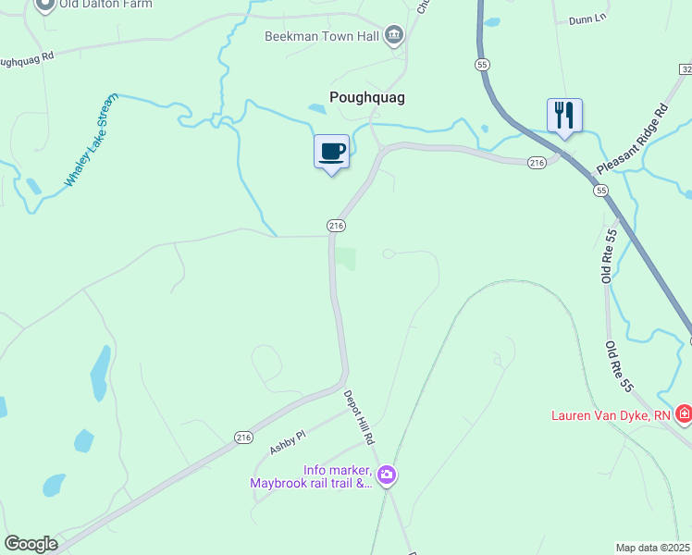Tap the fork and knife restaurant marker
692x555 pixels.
click(564, 116)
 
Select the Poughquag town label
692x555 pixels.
click(367, 96)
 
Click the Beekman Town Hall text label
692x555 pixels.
click(320, 36)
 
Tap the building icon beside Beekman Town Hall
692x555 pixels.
click(393, 36)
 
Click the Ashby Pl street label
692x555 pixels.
click(288, 435)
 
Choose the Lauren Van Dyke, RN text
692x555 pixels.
click(611, 415)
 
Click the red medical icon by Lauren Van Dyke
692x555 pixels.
click(684, 413)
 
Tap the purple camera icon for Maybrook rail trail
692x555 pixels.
click(387, 475)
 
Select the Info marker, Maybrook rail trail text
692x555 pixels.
click(311, 476)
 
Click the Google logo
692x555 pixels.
click(31, 544)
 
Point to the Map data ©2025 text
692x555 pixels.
click(651, 548)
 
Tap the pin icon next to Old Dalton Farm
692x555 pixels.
click(44, 3)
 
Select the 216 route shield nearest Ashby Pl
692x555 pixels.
click(243, 438)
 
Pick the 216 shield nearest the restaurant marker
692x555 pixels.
click(537, 163)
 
